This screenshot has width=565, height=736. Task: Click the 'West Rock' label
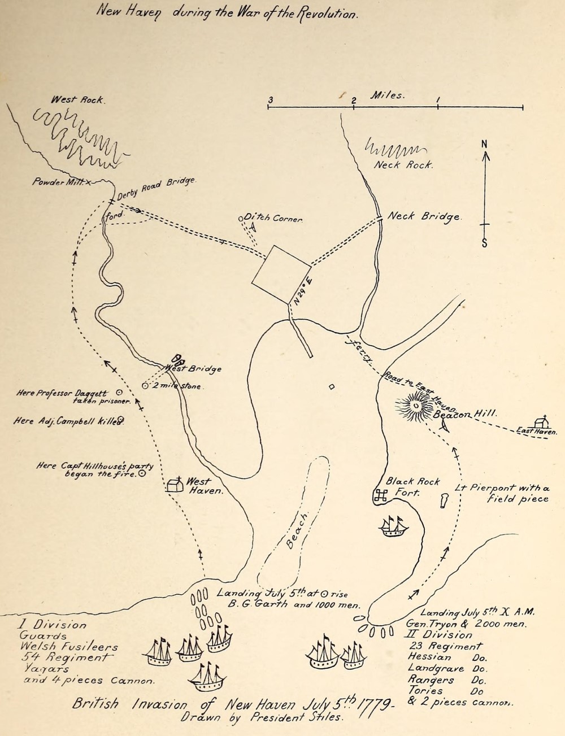pos(77,100)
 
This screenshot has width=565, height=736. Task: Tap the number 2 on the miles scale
pos(354,101)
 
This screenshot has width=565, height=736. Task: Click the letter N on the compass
pos(484,144)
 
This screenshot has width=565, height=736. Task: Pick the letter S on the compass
pos(485,243)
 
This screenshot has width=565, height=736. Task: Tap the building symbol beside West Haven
pos(175,485)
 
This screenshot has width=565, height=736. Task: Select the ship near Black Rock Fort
pos(394,526)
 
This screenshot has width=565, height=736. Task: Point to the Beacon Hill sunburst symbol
pos(416,405)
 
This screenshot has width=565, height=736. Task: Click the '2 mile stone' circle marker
pos(145,386)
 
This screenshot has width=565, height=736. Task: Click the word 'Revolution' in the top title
pos(327,14)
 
